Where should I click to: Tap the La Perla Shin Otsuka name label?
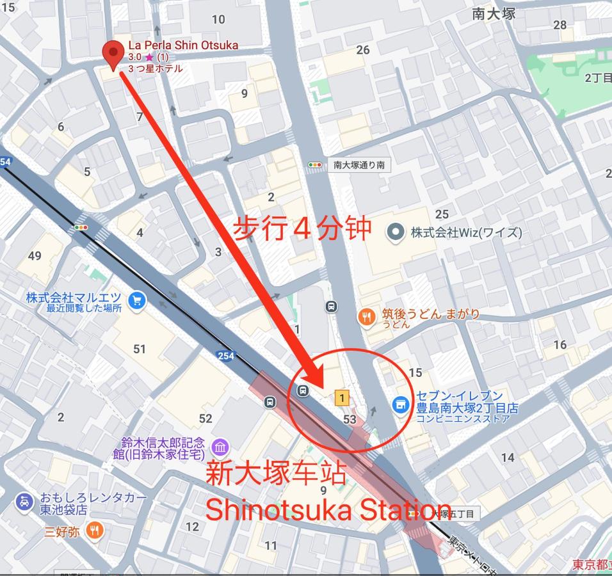click(183, 45)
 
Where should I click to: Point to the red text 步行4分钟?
click(301, 228)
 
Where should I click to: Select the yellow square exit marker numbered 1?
click(342, 399)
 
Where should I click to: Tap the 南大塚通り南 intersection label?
click(358, 165)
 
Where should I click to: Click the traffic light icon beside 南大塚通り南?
click(315, 165)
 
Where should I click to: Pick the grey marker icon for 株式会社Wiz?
click(397, 232)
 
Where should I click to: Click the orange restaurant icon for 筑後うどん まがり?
click(366, 316)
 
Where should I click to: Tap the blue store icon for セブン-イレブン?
click(401, 403)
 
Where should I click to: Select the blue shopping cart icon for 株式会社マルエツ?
click(136, 300)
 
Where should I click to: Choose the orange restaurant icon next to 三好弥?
click(94, 530)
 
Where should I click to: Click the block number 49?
click(35, 256)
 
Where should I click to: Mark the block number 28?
click(560, 25)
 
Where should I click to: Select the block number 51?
click(140, 349)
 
